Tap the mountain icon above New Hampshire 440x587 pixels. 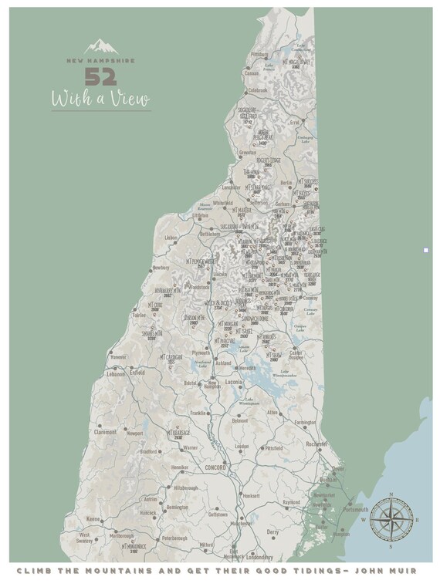(101, 47)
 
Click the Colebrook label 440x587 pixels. (256, 90)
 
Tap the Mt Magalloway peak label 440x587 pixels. (296, 63)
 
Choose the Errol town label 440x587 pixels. (294, 122)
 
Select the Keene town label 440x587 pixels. (93, 518)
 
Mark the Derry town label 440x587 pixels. (272, 531)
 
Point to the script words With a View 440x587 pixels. (101, 100)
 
